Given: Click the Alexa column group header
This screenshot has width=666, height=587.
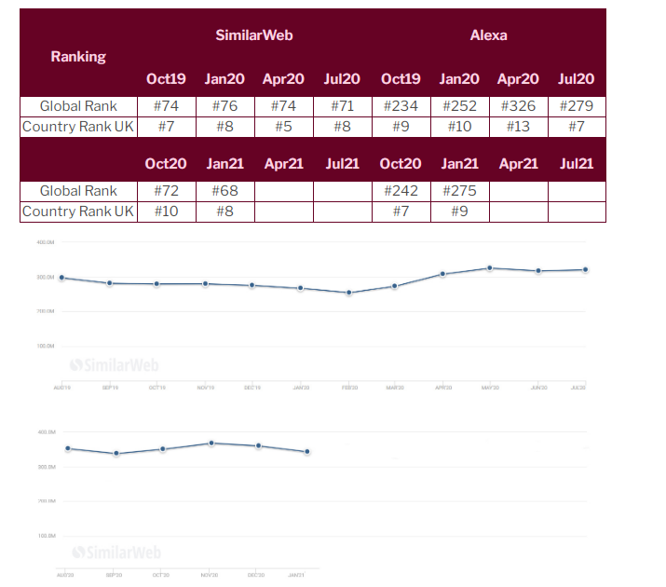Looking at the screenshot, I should point(488,35).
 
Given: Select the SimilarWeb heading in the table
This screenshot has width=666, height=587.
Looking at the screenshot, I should point(254,35).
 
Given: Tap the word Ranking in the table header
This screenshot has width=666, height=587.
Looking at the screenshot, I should point(78,56).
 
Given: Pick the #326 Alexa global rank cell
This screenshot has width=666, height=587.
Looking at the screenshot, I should point(519,106).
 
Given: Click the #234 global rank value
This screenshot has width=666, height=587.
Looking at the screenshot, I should point(401,106).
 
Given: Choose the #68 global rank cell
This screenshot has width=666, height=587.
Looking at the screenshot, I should point(224,191).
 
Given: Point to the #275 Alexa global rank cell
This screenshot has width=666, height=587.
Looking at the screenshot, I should point(459,191).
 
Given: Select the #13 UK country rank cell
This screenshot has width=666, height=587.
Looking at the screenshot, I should point(519,127).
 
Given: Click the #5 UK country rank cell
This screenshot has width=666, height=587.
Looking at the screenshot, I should point(283,127).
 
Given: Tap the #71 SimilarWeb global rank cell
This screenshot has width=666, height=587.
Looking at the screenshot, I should point(342,106).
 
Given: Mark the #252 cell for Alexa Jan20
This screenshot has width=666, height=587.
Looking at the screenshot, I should point(459,106).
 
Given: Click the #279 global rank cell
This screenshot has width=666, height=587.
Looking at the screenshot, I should point(576,106).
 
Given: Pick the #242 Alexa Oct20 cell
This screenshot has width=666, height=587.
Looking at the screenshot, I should point(401,191).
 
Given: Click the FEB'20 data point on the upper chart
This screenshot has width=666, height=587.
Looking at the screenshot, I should point(349,293).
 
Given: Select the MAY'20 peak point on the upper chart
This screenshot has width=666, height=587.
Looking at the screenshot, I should point(490,268).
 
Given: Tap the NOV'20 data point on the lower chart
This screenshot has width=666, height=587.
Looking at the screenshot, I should point(211,444).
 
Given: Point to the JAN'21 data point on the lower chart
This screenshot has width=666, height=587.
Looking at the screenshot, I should point(306,452).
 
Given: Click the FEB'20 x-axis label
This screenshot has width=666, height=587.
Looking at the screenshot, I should point(348,387).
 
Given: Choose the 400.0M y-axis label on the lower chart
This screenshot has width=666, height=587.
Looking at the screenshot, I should point(47,432).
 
